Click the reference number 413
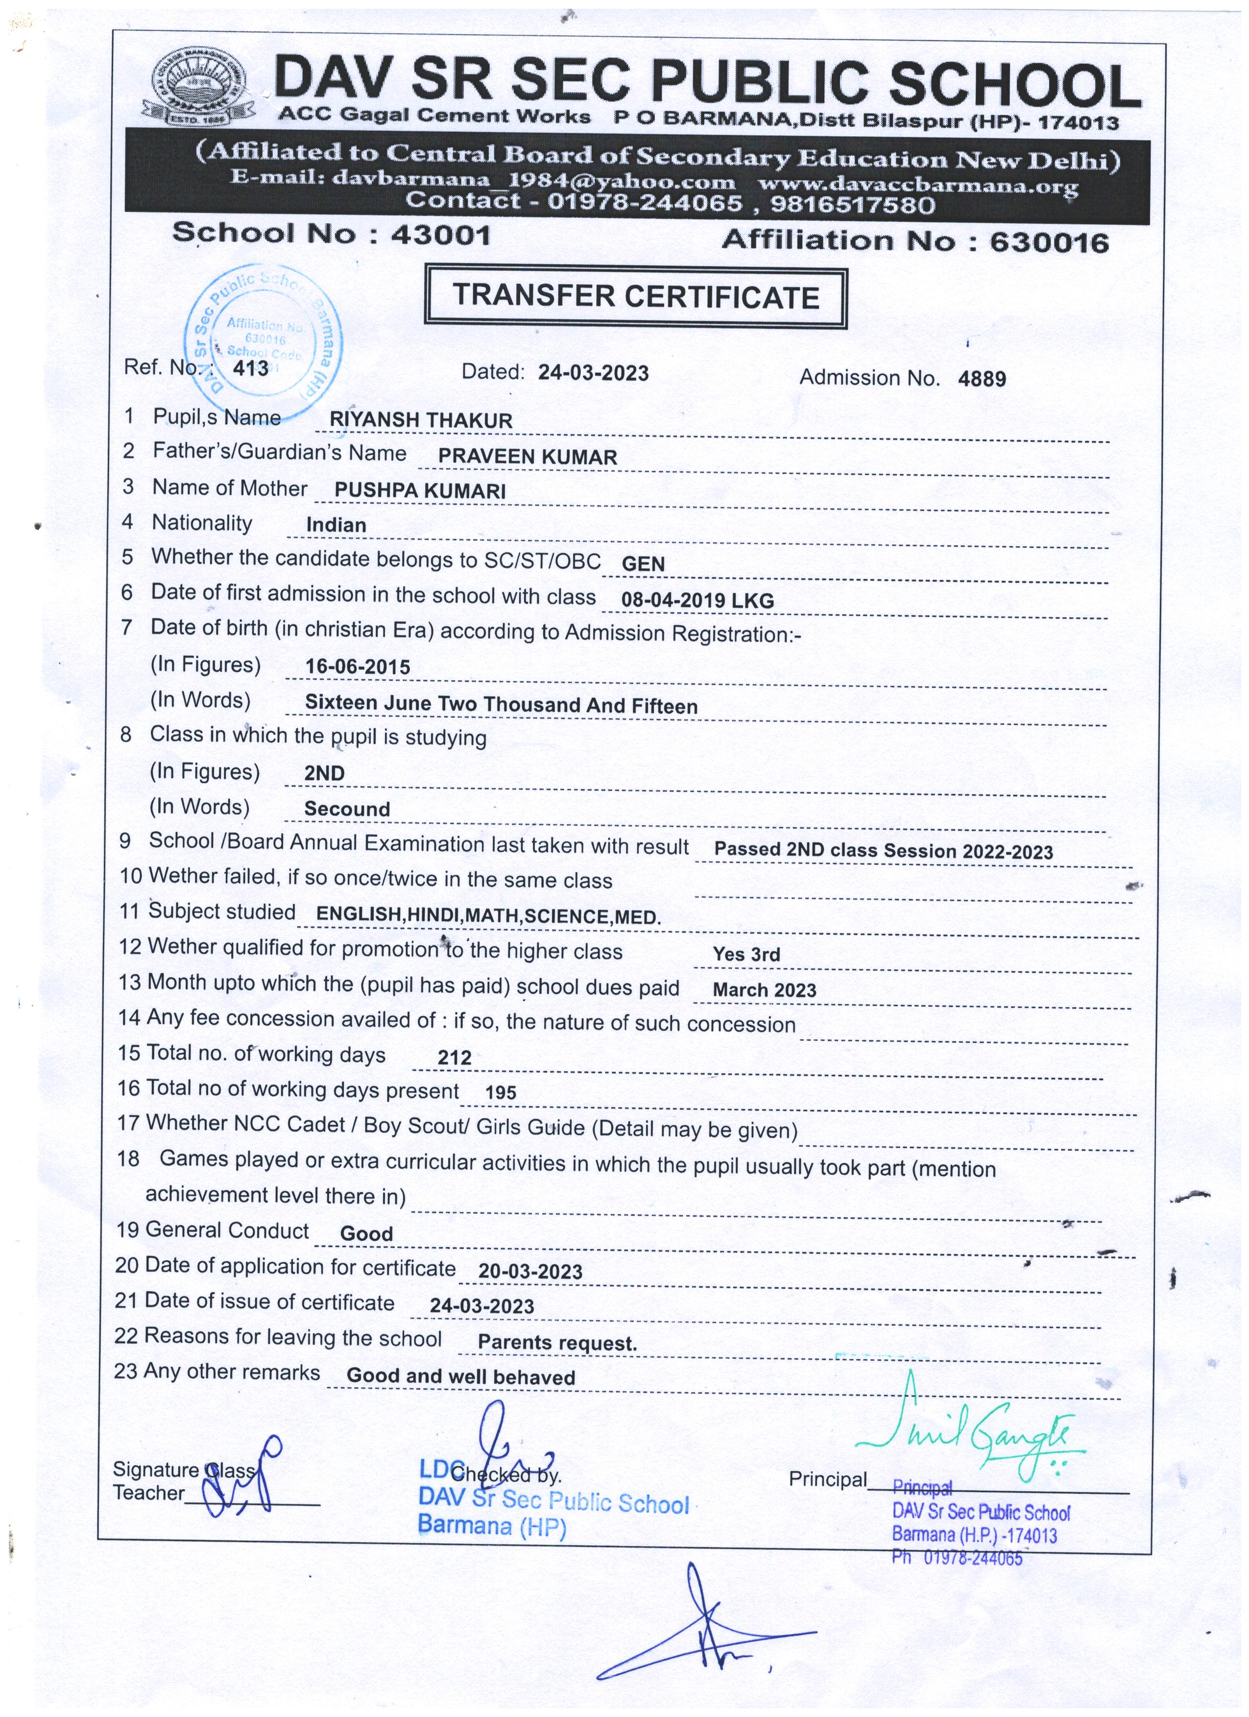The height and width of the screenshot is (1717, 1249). (251, 369)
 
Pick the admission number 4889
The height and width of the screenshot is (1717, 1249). (982, 378)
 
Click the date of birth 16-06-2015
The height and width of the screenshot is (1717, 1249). (358, 667)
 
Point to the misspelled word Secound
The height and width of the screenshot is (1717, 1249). (347, 809)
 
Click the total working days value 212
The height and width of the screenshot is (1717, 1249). (455, 1058)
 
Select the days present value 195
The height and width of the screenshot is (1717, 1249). (501, 1092)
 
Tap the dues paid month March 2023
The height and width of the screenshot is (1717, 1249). (764, 990)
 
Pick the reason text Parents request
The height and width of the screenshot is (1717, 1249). (557, 1343)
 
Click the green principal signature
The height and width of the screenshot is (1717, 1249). (977, 1431)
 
